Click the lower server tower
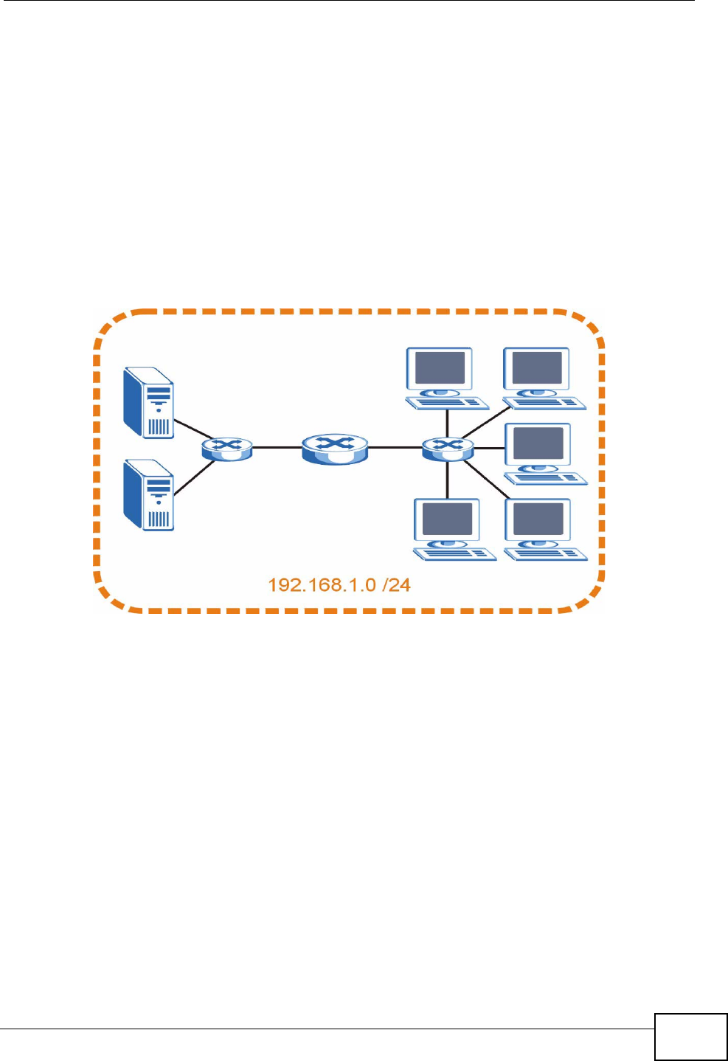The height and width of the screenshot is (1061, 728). (x=150, y=494)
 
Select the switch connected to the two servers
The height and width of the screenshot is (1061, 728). (x=227, y=448)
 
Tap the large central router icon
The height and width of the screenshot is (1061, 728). (x=335, y=447)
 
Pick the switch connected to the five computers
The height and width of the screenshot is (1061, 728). (x=447, y=448)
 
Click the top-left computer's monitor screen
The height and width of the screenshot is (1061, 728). (x=440, y=367)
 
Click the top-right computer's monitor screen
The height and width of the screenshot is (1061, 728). (x=537, y=367)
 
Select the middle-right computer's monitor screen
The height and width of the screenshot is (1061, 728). (x=538, y=443)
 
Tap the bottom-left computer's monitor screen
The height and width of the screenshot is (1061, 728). (x=447, y=519)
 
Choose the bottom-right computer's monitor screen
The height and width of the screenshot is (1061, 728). (x=538, y=519)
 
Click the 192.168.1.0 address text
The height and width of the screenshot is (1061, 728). (x=322, y=585)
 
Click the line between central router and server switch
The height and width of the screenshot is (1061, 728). (x=277, y=447)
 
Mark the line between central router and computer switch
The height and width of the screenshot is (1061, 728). (x=395, y=447)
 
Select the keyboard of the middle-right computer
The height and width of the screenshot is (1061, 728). (x=547, y=478)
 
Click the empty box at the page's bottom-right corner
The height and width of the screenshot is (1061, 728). (x=690, y=1037)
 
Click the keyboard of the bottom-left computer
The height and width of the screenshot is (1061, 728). (x=456, y=554)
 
